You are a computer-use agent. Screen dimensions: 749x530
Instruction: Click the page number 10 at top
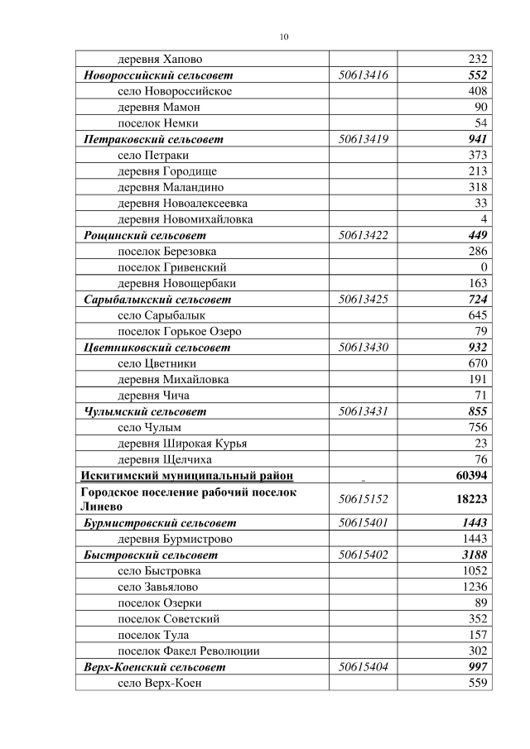coord(284,37)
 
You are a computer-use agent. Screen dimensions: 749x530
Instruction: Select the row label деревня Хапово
coord(160,60)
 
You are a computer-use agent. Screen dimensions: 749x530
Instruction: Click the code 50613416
coord(364,75)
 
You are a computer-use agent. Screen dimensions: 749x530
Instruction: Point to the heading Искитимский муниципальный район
coord(185,475)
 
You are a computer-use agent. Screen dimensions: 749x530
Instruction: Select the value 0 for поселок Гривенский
coord(484,267)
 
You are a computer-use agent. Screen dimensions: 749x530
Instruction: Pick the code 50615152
coord(364,499)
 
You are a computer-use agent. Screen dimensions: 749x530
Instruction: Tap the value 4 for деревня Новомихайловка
coord(484,219)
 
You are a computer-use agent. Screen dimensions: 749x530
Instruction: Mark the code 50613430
coord(364,348)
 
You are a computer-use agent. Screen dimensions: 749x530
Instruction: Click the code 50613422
coord(364,235)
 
